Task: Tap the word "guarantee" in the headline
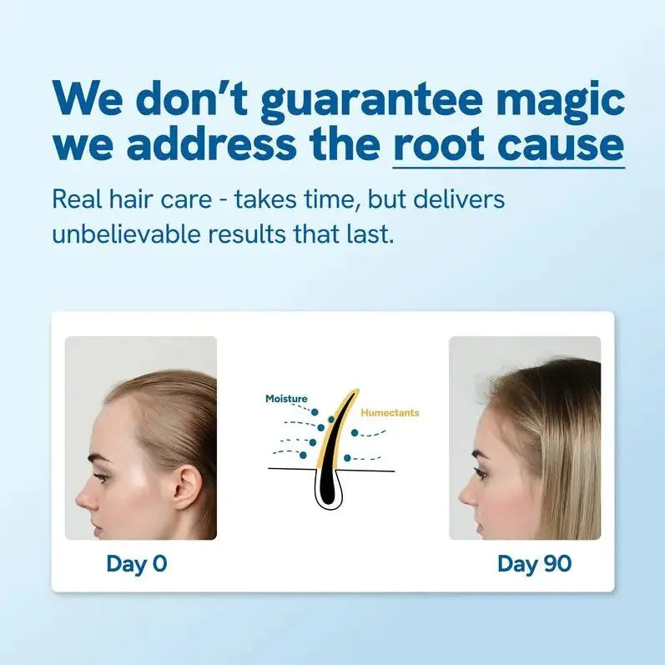371,102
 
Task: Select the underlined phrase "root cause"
508,144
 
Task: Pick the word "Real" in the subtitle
76,200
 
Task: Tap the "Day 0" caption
137,564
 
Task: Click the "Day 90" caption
534,564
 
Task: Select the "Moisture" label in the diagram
286,399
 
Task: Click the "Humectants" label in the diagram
390,412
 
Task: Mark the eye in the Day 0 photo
102,476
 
